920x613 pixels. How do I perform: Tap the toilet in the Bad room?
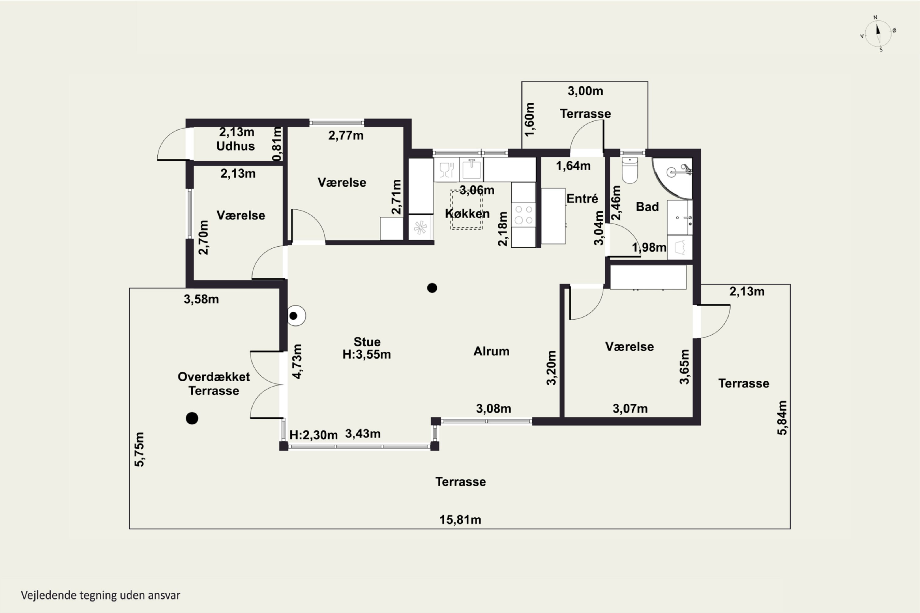point(630,170)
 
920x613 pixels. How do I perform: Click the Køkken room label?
point(467,213)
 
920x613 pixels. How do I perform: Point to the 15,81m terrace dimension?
point(460,520)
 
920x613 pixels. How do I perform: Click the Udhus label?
point(236,146)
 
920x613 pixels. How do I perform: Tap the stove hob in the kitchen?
point(523,214)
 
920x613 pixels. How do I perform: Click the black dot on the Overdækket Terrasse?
point(192,418)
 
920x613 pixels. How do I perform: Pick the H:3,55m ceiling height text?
point(366,354)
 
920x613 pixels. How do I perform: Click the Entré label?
point(582,199)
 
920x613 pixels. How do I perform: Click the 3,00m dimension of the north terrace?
point(585,91)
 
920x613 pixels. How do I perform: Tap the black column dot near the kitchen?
point(432,288)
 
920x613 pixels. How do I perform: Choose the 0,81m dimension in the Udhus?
point(277,144)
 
